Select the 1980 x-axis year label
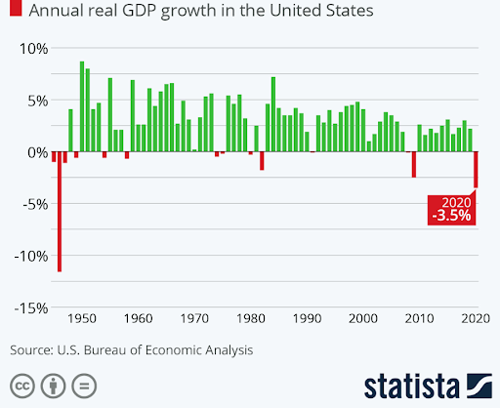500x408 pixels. pos(251,319)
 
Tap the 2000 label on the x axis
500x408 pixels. pos(363,319)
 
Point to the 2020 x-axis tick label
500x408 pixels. pos(476,319)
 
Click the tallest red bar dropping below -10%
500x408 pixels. pos(60,212)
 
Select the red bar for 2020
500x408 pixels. pos(477,170)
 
